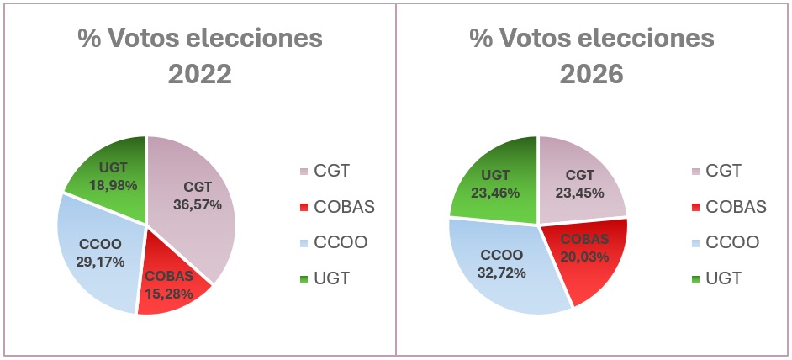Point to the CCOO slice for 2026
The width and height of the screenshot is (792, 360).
tap(505, 266)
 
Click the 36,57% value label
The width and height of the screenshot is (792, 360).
tap(198, 205)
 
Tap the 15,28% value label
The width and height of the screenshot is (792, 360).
tap(169, 293)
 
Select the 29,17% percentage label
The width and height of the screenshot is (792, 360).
tap(101, 262)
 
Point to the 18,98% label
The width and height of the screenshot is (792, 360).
tap(113, 186)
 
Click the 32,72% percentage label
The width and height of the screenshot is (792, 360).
tap(502, 273)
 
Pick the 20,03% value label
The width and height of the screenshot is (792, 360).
tap(584, 257)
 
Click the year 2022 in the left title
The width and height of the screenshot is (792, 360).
tap(200, 75)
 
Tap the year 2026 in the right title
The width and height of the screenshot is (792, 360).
tap(591, 75)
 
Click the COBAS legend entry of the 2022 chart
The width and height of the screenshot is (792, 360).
tap(337, 207)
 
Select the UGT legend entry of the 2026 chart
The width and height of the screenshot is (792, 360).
tap(716, 278)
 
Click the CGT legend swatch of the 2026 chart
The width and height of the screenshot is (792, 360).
tap(696, 172)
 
